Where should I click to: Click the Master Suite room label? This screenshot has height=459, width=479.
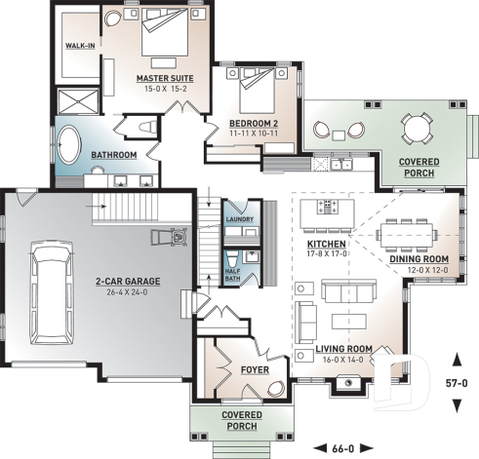tap(165, 78)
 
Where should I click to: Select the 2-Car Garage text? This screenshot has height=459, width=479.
tap(128, 281)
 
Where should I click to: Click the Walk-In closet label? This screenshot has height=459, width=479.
tap(81, 46)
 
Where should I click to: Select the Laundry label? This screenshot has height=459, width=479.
tap(239, 219)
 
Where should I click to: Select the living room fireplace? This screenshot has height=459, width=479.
tap(345, 383)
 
